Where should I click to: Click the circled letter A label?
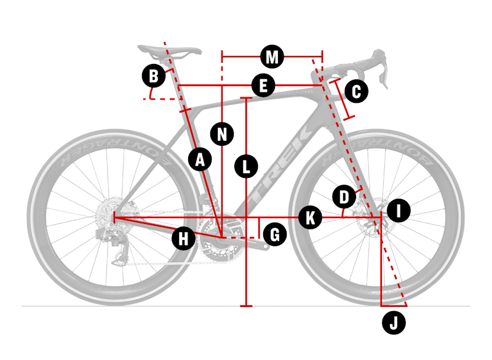click(x=200, y=159)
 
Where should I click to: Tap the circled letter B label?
click(x=154, y=76)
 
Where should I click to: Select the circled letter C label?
click(x=357, y=91)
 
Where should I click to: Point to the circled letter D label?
click(x=344, y=197)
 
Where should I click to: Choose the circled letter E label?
click(x=263, y=86)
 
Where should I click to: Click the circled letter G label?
click(x=275, y=234)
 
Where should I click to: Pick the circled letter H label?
click(x=183, y=238)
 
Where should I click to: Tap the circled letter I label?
click(x=399, y=210)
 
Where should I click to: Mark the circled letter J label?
click(x=394, y=322)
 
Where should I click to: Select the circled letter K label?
click(x=311, y=217)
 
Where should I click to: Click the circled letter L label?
click(x=247, y=166)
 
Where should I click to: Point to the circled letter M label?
click(x=272, y=57)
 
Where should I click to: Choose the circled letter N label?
click(x=222, y=134)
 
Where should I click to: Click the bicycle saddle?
click(x=170, y=52)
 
